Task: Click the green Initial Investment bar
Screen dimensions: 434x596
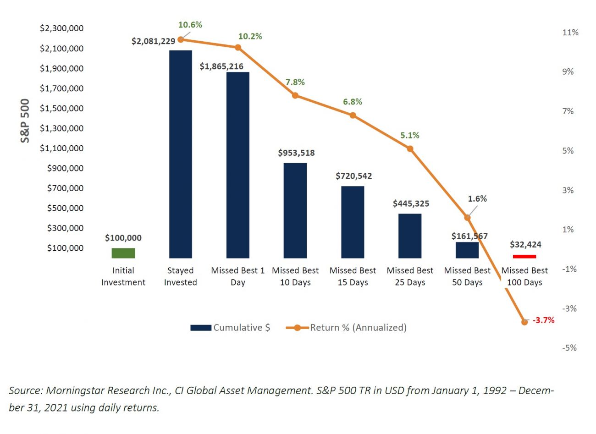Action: coord(123,253)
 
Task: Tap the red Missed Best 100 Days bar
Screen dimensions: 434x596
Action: coord(524,256)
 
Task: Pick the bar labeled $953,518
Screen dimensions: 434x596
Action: coord(295,210)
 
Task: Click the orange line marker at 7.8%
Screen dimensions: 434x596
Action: coord(295,95)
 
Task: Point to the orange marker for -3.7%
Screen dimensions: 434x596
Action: coord(524,322)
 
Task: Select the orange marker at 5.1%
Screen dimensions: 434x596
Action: coord(410,148)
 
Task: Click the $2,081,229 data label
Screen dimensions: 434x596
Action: coord(153,41)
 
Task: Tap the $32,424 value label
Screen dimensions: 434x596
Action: coord(525,245)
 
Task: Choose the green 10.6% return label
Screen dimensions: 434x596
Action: coord(190,25)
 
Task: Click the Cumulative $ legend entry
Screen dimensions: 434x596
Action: coord(231,328)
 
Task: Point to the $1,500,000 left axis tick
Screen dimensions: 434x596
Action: coord(62,108)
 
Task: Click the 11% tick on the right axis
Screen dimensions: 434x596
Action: coord(570,33)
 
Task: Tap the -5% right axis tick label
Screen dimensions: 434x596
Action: coord(569,348)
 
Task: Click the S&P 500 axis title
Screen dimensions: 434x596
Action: coord(25,121)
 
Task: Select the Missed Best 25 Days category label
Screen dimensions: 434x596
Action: coord(410,276)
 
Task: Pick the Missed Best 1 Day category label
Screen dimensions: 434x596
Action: coord(237,276)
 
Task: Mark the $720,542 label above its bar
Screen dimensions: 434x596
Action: coord(353,176)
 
